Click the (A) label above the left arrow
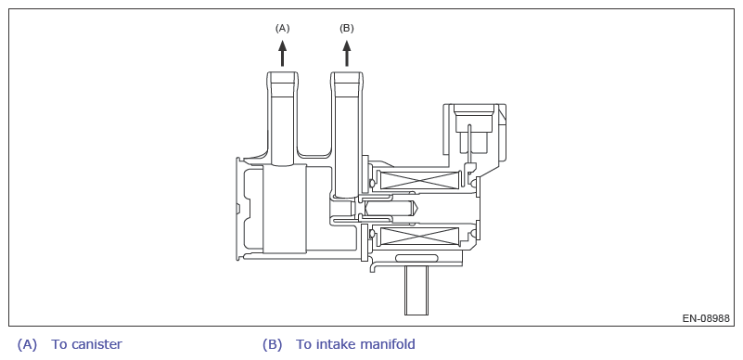[x=282, y=29]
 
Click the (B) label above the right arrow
[x=346, y=29]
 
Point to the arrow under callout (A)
[x=282, y=53]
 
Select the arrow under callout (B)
[x=346, y=53]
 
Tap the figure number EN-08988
[x=706, y=318]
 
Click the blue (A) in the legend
[x=27, y=344]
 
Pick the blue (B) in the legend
[x=272, y=344]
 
